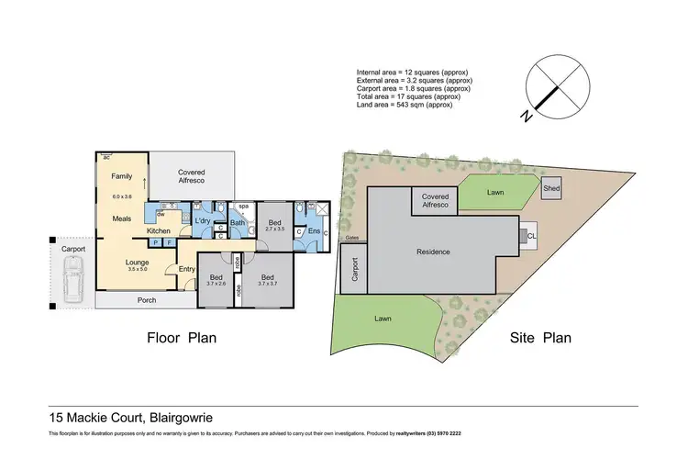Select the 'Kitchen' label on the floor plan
(x=160, y=230)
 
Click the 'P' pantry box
(x=156, y=242)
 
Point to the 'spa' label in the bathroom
(x=244, y=207)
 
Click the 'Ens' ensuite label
(x=314, y=230)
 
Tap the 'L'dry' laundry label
(x=203, y=221)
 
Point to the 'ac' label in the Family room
(x=106, y=157)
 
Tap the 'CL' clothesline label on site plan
(x=532, y=236)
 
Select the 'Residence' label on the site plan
(x=433, y=251)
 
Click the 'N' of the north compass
(x=523, y=116)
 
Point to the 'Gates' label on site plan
(x=351, y=239)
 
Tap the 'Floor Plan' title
(x=182, y=337)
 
